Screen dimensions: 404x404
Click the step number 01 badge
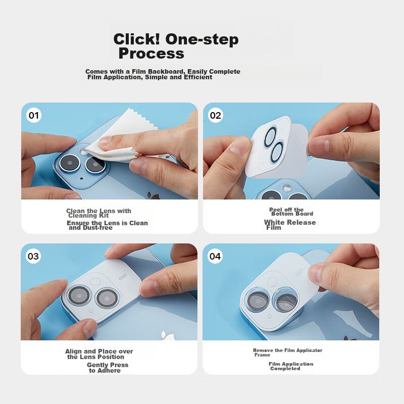(34, 115)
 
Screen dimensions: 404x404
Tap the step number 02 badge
(216, 115)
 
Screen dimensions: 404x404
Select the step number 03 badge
(33, 256)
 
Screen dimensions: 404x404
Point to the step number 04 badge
(215, 256)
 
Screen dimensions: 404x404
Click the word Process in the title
(151, 54)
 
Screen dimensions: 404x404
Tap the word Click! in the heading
(136, 39)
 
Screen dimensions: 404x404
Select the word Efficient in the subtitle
(198, 77)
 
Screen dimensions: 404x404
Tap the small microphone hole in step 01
(81, 178)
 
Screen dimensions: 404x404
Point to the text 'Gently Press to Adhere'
(108, 368)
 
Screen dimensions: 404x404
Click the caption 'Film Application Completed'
(291, 366)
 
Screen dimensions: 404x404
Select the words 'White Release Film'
(290, 225)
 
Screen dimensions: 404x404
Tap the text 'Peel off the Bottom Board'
(291, 212)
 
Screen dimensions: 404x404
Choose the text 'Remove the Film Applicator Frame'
(287, 352)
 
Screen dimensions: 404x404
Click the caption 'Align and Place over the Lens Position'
(99, 354)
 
